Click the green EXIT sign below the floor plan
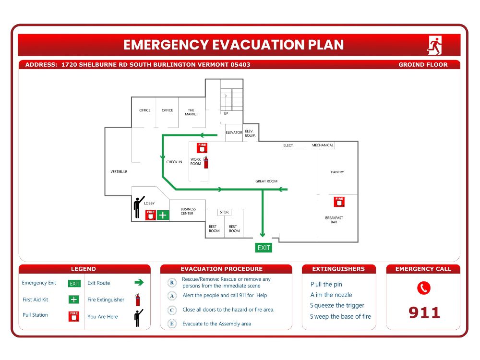(264, 248)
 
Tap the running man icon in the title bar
(435, 45)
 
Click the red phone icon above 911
(423, 288)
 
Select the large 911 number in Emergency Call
(424, 313)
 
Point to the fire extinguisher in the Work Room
(206, 162)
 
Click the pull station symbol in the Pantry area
(339, 201)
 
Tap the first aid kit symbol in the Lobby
(163, 215)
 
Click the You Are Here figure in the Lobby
(139, 207)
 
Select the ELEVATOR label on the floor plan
(234, 132)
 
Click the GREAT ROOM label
(266, 181)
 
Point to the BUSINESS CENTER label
(187, 211)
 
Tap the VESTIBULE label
(119, 171)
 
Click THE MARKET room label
(191, 112)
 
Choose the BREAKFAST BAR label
(334, 220)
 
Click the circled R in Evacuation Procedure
(172, 282)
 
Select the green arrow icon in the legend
(139, 283)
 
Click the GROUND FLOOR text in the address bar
(423, 65)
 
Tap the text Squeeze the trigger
(337, 306)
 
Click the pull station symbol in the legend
(74, 316)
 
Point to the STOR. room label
(224, 212)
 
